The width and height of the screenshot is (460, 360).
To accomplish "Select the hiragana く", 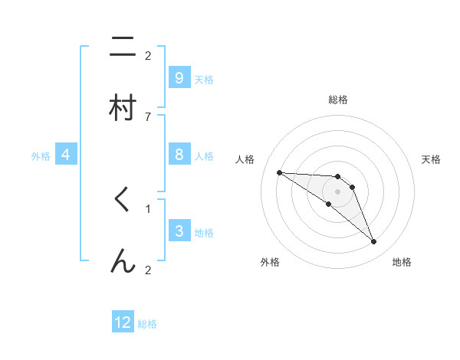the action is (x=122, y=201).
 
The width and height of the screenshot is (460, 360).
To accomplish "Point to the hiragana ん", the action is (x=122, y=262).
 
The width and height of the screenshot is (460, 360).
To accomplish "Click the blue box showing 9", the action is (x=179, y=77).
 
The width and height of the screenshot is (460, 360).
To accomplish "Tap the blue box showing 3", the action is (x=179, y=231).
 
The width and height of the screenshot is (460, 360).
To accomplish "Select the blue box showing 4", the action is (x=66, y=155).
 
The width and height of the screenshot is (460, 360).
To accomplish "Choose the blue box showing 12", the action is (x=123, y=322).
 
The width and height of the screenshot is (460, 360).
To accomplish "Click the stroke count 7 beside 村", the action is (x=148, y=116).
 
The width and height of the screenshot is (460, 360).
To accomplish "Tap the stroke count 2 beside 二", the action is (x=148, y=55).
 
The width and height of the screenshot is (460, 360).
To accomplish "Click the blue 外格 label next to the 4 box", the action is (x=41, y=155).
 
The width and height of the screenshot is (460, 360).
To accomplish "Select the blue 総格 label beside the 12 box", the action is (x=147, y=323).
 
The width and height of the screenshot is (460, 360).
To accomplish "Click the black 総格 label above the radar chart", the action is (x=337, y=100).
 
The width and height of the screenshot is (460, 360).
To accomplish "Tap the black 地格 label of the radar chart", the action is (x=402, y=262).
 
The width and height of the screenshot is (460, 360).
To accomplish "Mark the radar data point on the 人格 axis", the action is (x=279, y=172).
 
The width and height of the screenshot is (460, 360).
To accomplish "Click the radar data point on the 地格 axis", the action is (x=373, y=242).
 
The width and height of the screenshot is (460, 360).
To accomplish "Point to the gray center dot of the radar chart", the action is (x=337, y=191).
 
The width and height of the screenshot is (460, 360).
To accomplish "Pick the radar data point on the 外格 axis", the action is (x=329, y=204).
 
